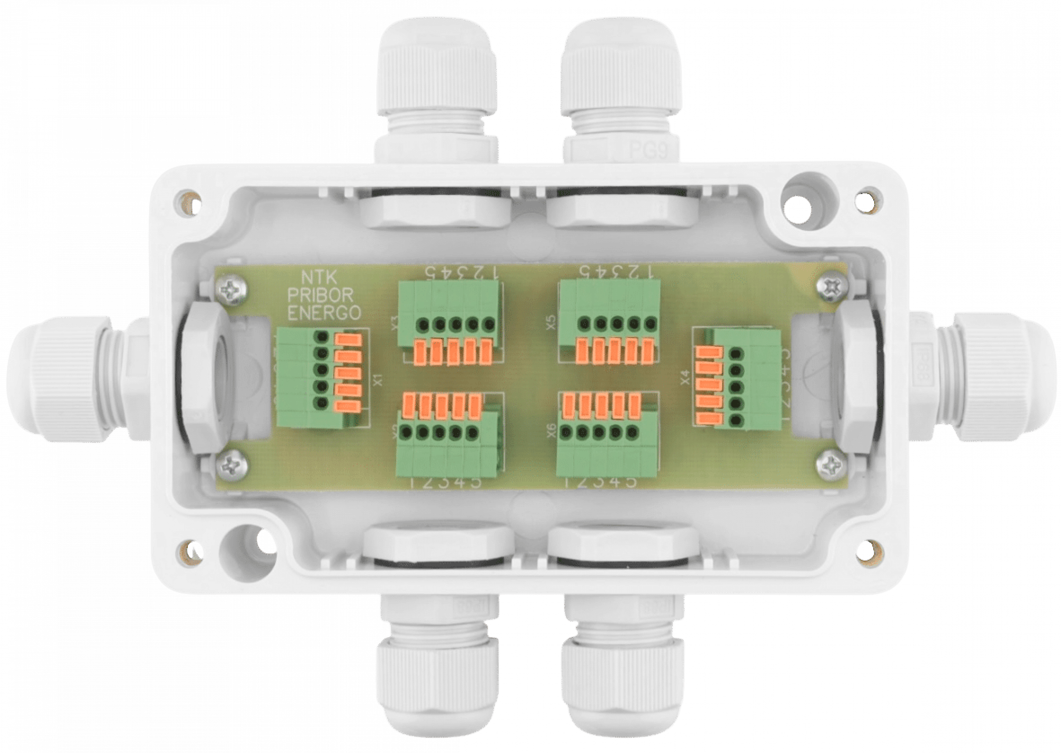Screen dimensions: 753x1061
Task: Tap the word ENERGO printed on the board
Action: [x=325, y=313]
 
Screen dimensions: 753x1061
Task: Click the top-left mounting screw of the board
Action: [x=232, y=293]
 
